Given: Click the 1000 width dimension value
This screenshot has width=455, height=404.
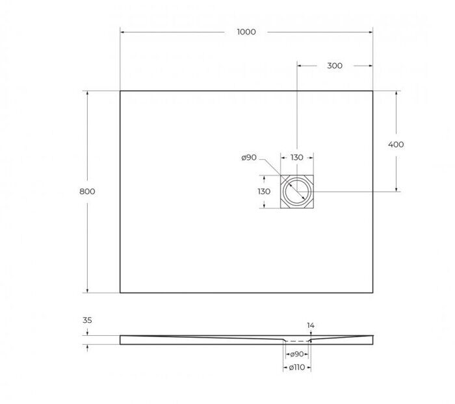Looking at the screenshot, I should click(x=246, y=32).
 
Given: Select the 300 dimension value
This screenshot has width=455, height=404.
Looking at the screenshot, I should click(x=335, y=66).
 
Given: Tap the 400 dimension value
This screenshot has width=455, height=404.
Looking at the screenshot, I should click(x=395, y=144).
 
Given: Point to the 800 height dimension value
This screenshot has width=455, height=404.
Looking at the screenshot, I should click(x=87, y=192).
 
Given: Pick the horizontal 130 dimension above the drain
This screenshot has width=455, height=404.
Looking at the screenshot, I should click(x=296, y=158).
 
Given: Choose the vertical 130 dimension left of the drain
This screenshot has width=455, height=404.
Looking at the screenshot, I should click(x=263, y=192).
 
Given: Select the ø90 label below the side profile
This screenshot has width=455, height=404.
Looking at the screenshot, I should click(x=296, y=354).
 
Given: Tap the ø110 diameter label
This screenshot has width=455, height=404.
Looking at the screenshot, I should click(x=296, y=368).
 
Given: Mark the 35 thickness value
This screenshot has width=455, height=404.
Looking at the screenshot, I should click(x=87, y=320).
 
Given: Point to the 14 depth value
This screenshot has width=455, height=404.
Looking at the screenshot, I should click(x=311, y=325).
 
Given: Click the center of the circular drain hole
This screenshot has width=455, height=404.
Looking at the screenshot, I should click(x=297, y=192).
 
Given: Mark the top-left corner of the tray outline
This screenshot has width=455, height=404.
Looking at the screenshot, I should click(x=120, y=91).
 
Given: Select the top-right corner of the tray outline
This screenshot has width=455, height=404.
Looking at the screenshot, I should click(x=372, y=91).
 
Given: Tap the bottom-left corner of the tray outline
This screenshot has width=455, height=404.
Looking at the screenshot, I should click(x=120, y=292).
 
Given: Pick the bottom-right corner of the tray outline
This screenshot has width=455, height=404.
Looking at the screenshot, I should click(x=372, y=292).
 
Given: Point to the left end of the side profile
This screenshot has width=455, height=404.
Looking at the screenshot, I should click(x=121, y=340).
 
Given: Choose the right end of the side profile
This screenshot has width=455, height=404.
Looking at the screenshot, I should click(x=372, y=340).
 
